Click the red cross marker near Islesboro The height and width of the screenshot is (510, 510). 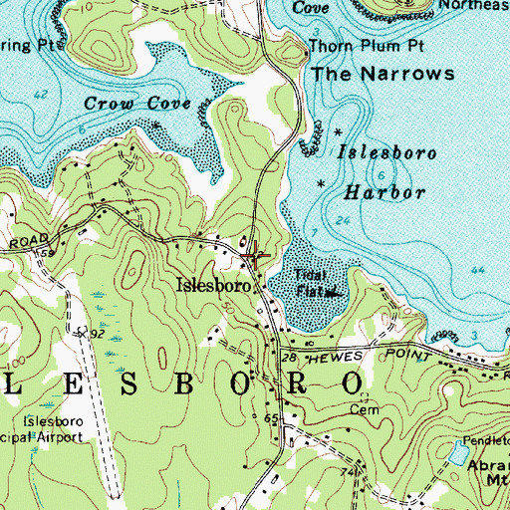click(255, 255)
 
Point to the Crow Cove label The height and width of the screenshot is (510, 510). click(124, 103)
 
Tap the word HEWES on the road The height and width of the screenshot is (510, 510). click(329, 355)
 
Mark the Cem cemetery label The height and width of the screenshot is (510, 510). click(359, 408)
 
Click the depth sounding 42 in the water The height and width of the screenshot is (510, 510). click(40, 95)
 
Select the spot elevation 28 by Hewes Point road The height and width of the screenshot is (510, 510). click(291, 355)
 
